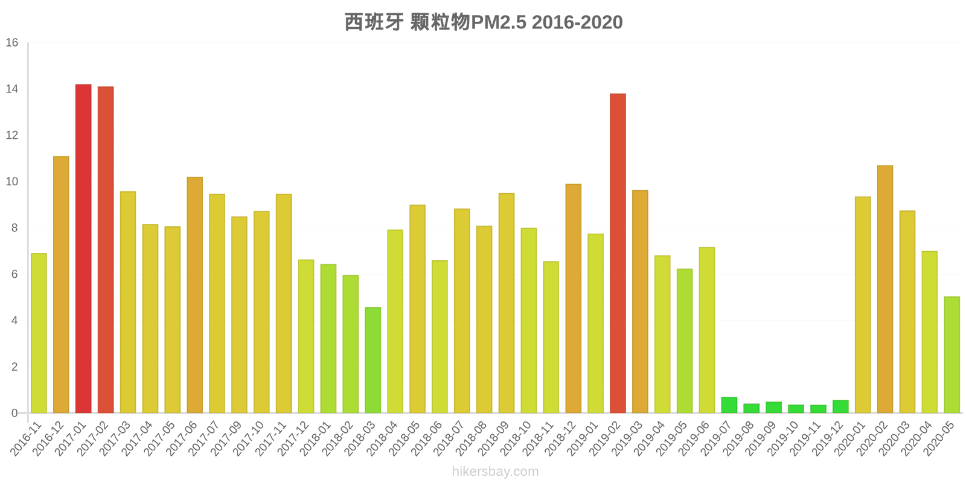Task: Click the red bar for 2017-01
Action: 83,249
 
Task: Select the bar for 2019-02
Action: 618,254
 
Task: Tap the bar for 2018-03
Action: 373,360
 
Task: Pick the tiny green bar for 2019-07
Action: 729,406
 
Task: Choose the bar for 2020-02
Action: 885,289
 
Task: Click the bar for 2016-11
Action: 39,333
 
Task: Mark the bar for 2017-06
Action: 194,295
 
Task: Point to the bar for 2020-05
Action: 952,355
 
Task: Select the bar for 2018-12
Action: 573,299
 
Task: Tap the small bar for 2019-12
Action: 840,407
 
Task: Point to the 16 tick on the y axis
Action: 12,43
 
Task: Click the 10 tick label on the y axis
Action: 12,182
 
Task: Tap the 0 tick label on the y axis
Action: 15,414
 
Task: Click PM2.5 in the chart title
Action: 498,22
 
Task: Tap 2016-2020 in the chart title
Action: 577,22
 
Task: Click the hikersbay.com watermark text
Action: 495,472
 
